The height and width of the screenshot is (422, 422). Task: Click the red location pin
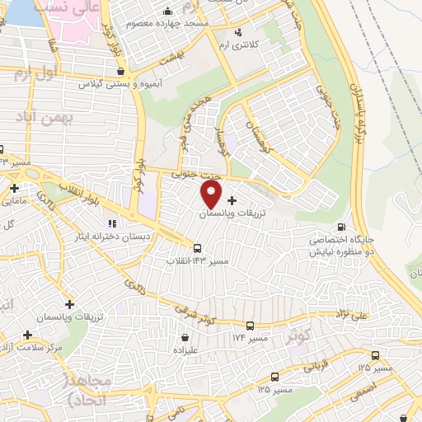212,195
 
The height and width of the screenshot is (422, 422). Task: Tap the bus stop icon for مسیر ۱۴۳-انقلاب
197,247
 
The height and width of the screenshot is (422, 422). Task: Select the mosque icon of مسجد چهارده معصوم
169,12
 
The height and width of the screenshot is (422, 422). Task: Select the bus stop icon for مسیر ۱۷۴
250,326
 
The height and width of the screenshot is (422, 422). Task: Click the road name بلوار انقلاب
78,192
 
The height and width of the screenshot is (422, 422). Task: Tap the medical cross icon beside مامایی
14,189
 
